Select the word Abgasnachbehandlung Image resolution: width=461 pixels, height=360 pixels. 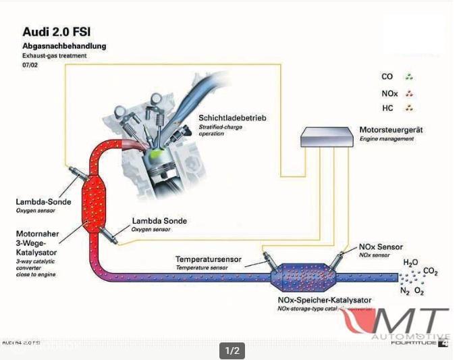pyautogui.click(x=64, y=46)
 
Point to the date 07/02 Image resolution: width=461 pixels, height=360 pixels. pyautogui.click(x=31, y=65)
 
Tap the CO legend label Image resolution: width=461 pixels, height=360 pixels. pyautogui.click(x=387, y=77)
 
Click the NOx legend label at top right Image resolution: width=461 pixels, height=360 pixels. pyautogui.click(x=389, y=93)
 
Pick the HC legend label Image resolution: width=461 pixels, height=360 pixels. pyautogui.click(x=387, y=108)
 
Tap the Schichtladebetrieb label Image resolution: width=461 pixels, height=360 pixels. pyautogui.click(x=232, y=118)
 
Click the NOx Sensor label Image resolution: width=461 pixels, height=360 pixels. pyautogui.click(x=381, y=247)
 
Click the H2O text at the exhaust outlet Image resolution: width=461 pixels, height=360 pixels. pyautogui.click(x=411, y=262)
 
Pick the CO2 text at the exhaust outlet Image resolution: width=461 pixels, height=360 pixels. pyautogui.click(x=431, y=272)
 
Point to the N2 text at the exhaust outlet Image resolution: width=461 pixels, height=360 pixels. pyautogui.click(x=404, y=292)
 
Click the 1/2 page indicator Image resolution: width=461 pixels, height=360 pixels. pyautogui.click(x=232, y=351)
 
